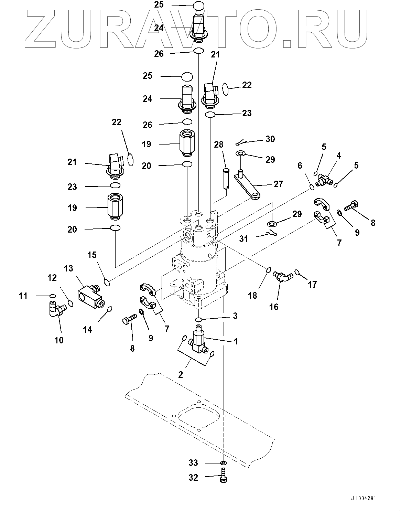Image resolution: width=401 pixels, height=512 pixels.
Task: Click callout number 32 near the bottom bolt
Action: pos(193,477)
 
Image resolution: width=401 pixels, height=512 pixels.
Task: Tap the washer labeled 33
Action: pos(223,463)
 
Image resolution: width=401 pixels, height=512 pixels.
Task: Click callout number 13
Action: pos(68,268)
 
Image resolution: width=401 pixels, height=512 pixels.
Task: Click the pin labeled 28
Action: pos(225,178)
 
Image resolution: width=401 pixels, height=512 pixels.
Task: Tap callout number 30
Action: pos(270,139)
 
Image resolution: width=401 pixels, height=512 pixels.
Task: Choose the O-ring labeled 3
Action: pos(198,319)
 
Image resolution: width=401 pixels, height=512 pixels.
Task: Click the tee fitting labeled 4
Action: pos(324,179)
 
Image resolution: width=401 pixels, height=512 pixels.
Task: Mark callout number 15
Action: pos(92,255)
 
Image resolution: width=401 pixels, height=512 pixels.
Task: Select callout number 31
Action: pos(243,238)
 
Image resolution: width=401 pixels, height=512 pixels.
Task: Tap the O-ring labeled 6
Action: pos(312,186)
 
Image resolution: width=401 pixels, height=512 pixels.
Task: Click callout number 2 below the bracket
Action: pos(181,374)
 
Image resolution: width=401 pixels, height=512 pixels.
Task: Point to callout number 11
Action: pos(23,296)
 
